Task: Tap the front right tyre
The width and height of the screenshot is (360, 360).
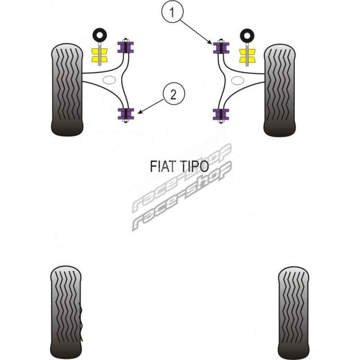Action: [279, 90]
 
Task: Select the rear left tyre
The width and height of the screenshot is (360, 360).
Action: [66, 311]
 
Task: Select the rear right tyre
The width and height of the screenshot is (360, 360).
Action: [293, 311]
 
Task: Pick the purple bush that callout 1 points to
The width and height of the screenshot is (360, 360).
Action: [221, 48]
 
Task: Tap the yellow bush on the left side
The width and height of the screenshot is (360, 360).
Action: [99, 54]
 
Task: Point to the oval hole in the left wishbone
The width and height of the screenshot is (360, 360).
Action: [109, 81]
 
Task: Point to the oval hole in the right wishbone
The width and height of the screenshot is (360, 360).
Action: [237, 81]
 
